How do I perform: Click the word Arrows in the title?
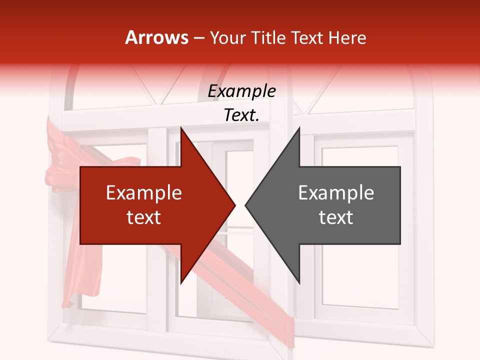156,37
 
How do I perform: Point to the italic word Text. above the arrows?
241,115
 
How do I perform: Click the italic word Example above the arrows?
242,91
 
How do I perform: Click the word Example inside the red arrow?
144,193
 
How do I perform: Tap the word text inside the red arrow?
144,217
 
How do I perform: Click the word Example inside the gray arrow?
336,193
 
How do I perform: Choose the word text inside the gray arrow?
336,217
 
